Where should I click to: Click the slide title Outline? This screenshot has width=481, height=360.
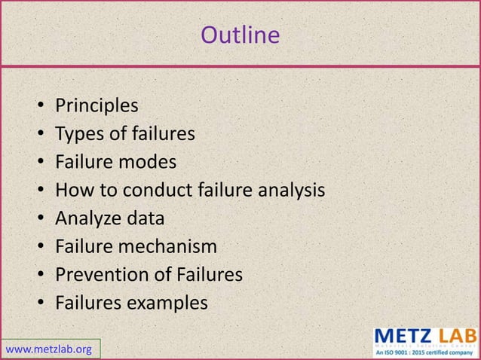click(x=240, y=35)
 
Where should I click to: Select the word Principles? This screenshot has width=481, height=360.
click(x=97, y=106)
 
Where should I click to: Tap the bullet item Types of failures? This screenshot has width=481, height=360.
click(x=125, y=134)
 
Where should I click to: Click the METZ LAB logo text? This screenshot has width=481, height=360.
click(x=425, y=334)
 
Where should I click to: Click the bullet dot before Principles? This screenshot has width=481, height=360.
click(x=39, y=107)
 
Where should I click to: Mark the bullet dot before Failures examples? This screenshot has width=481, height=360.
click(x=39, y=304)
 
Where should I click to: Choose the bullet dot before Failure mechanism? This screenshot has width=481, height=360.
click(x=39, y=248)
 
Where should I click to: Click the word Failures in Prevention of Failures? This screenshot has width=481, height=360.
click(x=209, y=275)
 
